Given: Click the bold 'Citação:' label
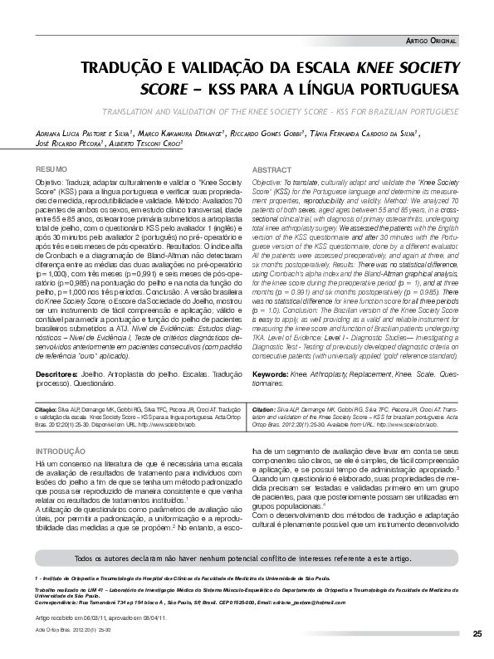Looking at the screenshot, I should [46, 410].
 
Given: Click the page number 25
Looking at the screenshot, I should [477, 634].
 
